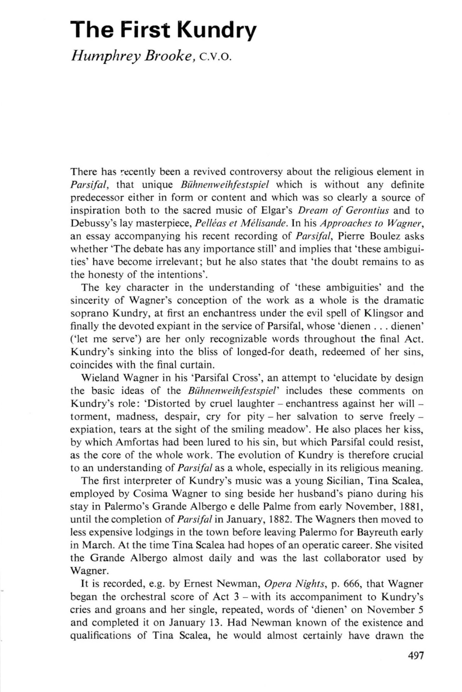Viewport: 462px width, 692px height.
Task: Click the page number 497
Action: (414, 656)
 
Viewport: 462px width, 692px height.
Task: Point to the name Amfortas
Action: (111, 442)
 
